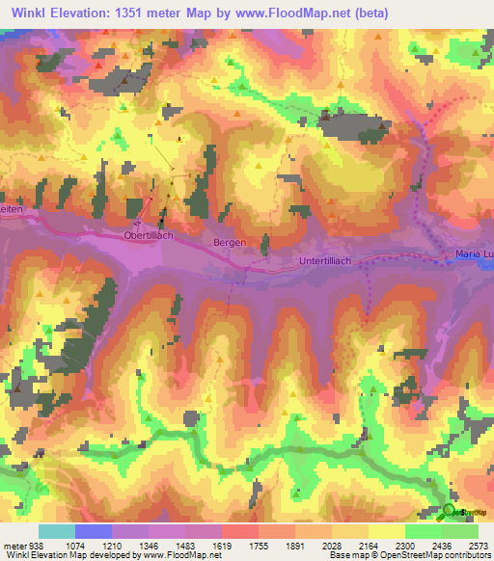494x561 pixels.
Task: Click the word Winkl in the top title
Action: coord(34,13)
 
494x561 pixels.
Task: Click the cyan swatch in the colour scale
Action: coord(57,531)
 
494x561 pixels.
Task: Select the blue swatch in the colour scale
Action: coord(94,531)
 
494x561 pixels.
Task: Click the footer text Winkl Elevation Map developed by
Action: coord(72,554)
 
